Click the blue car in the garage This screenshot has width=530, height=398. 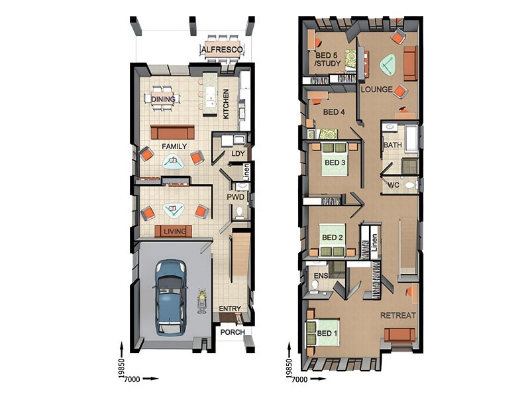point(171,297)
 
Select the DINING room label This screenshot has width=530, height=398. point(163,99)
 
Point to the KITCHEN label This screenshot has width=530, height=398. point(226,104)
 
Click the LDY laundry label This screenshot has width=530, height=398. point(238,154)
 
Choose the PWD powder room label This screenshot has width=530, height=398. point(235,197)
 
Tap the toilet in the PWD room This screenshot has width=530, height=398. point(240,212)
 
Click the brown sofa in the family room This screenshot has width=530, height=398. point(172,132)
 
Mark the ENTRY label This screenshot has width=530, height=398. point(230,308)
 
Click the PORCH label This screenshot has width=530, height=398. point(233,332)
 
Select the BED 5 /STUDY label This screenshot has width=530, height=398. point(328,59)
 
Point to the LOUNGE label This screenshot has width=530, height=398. point(376,90)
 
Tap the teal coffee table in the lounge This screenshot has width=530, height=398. point(388,65)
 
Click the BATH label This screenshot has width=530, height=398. point(393,145)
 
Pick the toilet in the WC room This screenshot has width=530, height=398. point(410,185)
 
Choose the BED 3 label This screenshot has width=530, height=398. point(335,163)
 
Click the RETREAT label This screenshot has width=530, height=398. point(398,316)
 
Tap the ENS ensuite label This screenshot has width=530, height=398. point(321,276)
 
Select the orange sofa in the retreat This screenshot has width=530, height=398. point(399,335)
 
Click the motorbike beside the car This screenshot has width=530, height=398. point(203,301)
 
